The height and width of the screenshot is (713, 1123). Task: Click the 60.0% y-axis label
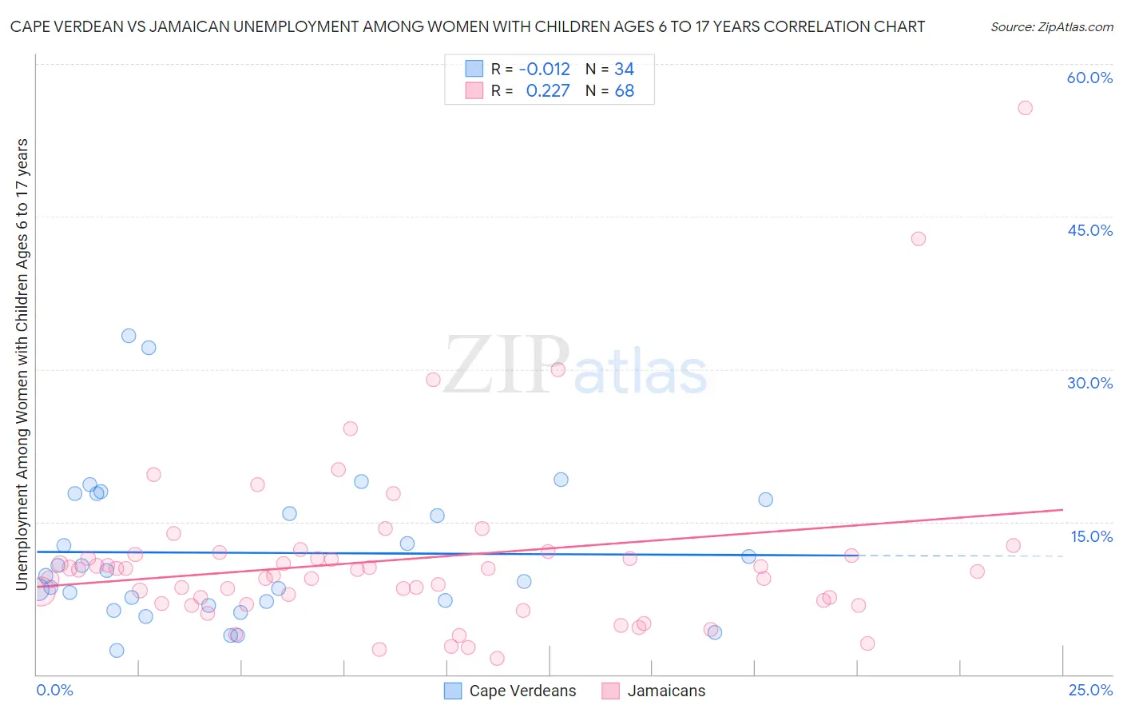pos(1089,78)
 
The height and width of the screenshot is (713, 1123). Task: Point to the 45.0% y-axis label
pos(1089,230)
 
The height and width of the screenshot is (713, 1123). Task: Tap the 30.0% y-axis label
pos(1089,383)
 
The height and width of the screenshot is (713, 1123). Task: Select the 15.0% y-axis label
pos(1091,536)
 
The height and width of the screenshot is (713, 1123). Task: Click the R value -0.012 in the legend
pos(544,70)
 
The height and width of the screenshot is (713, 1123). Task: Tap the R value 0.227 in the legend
pos(548,91)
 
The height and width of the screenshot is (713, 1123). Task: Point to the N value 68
pos(625,91)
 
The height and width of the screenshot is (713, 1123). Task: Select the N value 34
pos(624,70)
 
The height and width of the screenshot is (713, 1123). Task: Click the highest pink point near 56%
pos(1025,108)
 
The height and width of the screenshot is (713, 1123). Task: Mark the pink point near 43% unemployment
pos(919,239)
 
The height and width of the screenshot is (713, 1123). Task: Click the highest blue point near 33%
pos(129,336)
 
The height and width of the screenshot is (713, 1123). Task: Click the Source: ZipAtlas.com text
pos(1051,27)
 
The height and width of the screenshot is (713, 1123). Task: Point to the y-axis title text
pos(22,364)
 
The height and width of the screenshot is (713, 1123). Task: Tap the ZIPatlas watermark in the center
pos(575,367)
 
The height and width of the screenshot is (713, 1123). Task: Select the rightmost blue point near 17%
pos(765,500)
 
